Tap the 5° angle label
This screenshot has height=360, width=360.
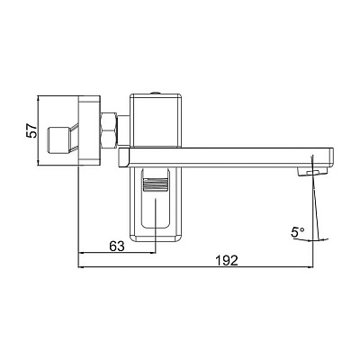click(298, 232)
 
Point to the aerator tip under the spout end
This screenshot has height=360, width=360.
click(313, 172)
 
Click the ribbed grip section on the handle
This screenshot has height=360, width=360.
click(156, 188)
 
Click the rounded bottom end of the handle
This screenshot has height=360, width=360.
click(157, 236)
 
